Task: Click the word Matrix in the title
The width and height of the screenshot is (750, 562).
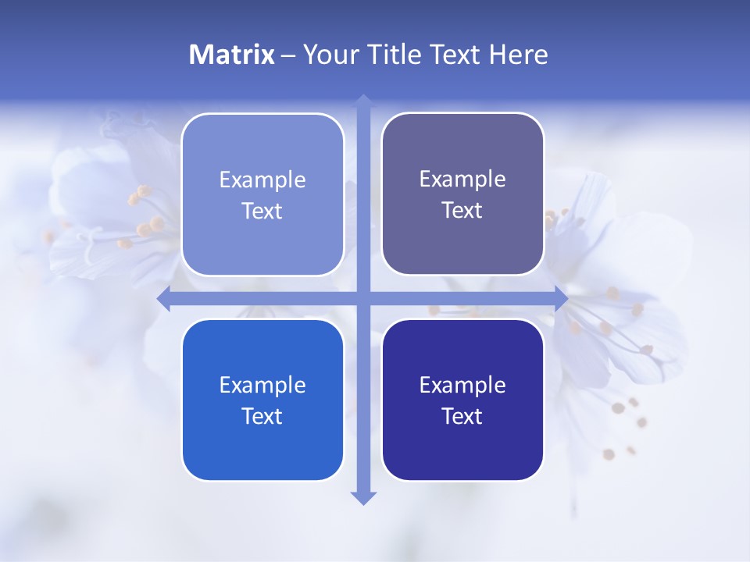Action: (231, 55)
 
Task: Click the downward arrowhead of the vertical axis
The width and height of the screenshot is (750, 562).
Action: (363, 497)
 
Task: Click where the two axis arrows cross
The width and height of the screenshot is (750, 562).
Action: (363, 299)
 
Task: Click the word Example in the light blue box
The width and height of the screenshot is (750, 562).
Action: (262, 180)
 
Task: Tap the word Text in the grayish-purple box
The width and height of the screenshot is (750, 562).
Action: (462, 211)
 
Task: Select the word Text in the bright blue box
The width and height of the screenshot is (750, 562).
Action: (262, 417)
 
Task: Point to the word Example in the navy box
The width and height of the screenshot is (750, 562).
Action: (462, 386)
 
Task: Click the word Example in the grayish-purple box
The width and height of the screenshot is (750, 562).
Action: (462, 180)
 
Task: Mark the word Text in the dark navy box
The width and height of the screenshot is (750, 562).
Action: (462, 417)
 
